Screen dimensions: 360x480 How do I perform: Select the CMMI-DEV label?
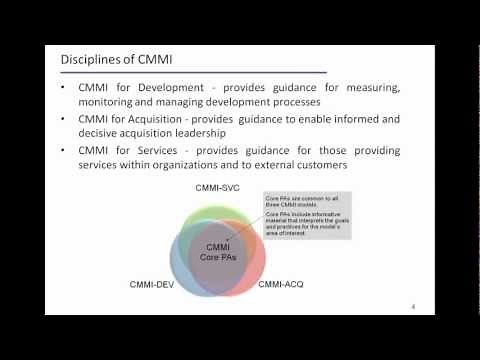coord(153,285)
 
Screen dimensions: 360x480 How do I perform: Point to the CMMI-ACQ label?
coord(283,285)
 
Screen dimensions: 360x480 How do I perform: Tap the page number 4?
coord(414,306)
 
